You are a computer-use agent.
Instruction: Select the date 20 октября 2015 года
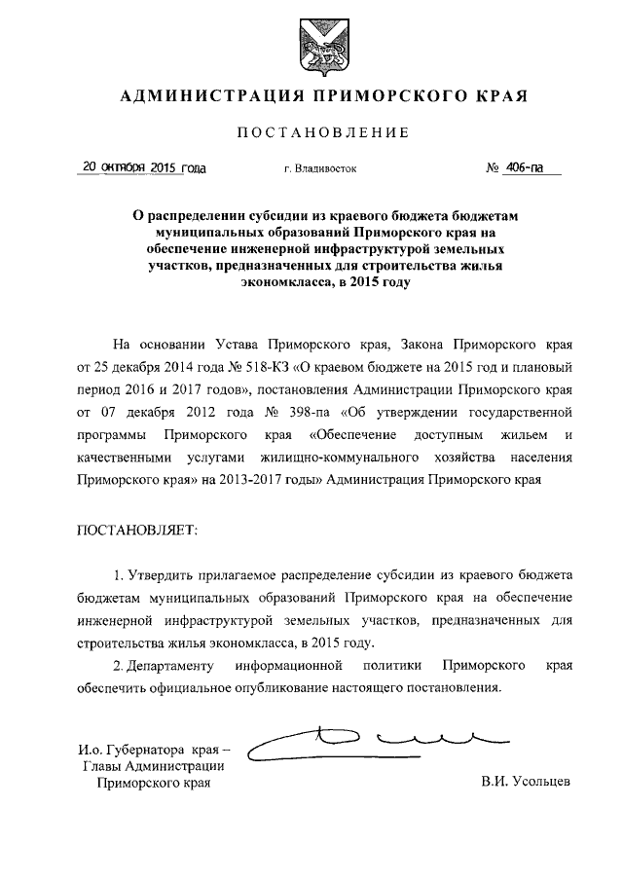pos(143,167)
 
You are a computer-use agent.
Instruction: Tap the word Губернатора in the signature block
pos(137,750)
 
